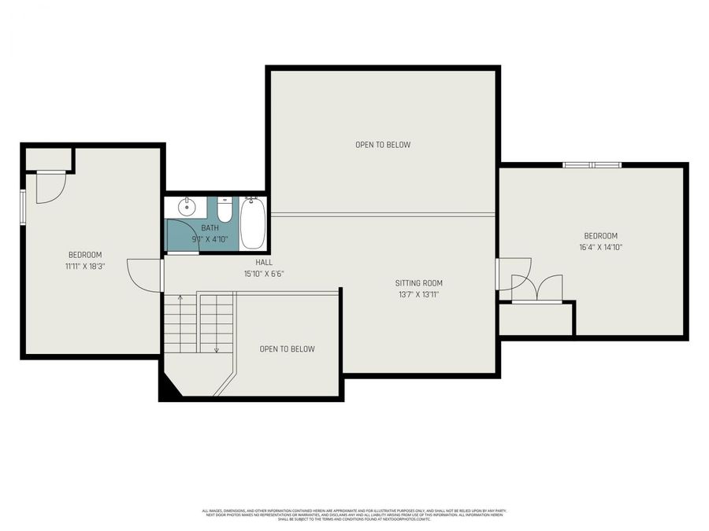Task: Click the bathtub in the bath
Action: (x=253, y=223)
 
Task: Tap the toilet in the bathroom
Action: (x=225, y=211)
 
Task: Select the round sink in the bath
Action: (x=187, y=208)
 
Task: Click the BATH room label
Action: (x=210, y=228)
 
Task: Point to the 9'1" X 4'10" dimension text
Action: (x=210, y=239)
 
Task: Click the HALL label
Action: (x=264, y=262)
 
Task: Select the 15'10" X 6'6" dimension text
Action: (x=264, y=274)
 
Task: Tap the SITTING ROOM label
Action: (x=418, y=283)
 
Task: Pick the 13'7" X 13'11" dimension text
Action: (x=418, y=295)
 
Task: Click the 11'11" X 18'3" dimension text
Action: (x=85, y=267)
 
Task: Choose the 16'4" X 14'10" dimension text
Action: (x=600, y=247)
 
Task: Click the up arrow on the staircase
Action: (x=180, y=299)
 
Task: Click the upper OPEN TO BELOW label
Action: (x=383, y=145)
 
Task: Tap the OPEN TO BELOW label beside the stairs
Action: (x=288, y=349)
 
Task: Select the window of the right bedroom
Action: (x=592, y=164)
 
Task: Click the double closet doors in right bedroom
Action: (x=537, y=288)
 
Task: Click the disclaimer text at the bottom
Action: (x=354, y=514)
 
